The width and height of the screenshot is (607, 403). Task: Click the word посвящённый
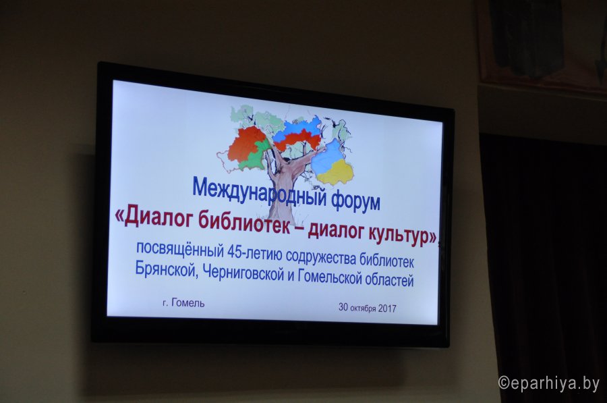click(180, 249)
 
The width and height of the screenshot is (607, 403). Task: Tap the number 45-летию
click(254, 253)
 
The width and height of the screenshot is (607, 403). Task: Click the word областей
click(388, 279)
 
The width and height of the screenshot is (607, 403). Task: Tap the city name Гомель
click(187, 302)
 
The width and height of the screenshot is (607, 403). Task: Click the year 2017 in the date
click(387, 308)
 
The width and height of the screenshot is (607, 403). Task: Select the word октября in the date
click(363, 308)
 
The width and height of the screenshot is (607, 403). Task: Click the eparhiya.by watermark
click(549, 383)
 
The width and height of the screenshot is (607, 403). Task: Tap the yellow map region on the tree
click(335, 171)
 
